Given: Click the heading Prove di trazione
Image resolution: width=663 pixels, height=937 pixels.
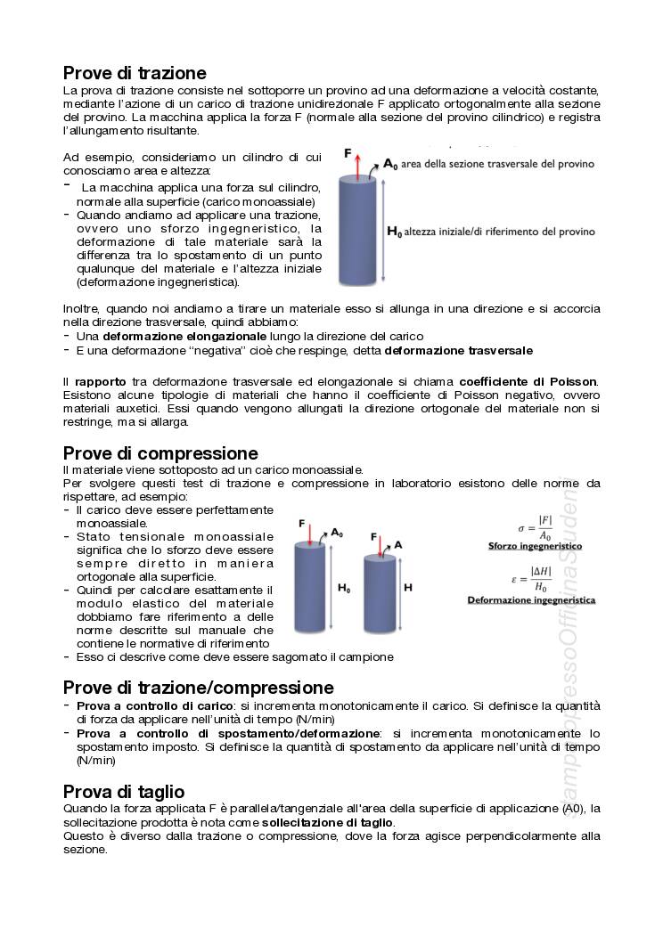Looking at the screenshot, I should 135,73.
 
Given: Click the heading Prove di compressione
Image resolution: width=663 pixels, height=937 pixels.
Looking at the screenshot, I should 160,453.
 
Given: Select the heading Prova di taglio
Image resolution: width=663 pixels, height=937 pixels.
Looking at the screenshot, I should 124,792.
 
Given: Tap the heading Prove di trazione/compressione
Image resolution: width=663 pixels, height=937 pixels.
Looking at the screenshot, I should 199,688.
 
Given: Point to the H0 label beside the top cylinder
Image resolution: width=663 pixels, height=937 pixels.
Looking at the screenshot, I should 394,232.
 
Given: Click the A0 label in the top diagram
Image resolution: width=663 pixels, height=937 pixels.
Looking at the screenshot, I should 390,164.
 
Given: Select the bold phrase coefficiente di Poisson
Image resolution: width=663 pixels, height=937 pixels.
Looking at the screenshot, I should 528,382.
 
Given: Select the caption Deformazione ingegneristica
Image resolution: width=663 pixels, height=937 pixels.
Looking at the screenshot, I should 532,600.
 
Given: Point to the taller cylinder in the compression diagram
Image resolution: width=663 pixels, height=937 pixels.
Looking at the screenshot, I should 310,587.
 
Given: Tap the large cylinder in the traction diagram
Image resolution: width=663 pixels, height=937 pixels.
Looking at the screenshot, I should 360,230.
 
